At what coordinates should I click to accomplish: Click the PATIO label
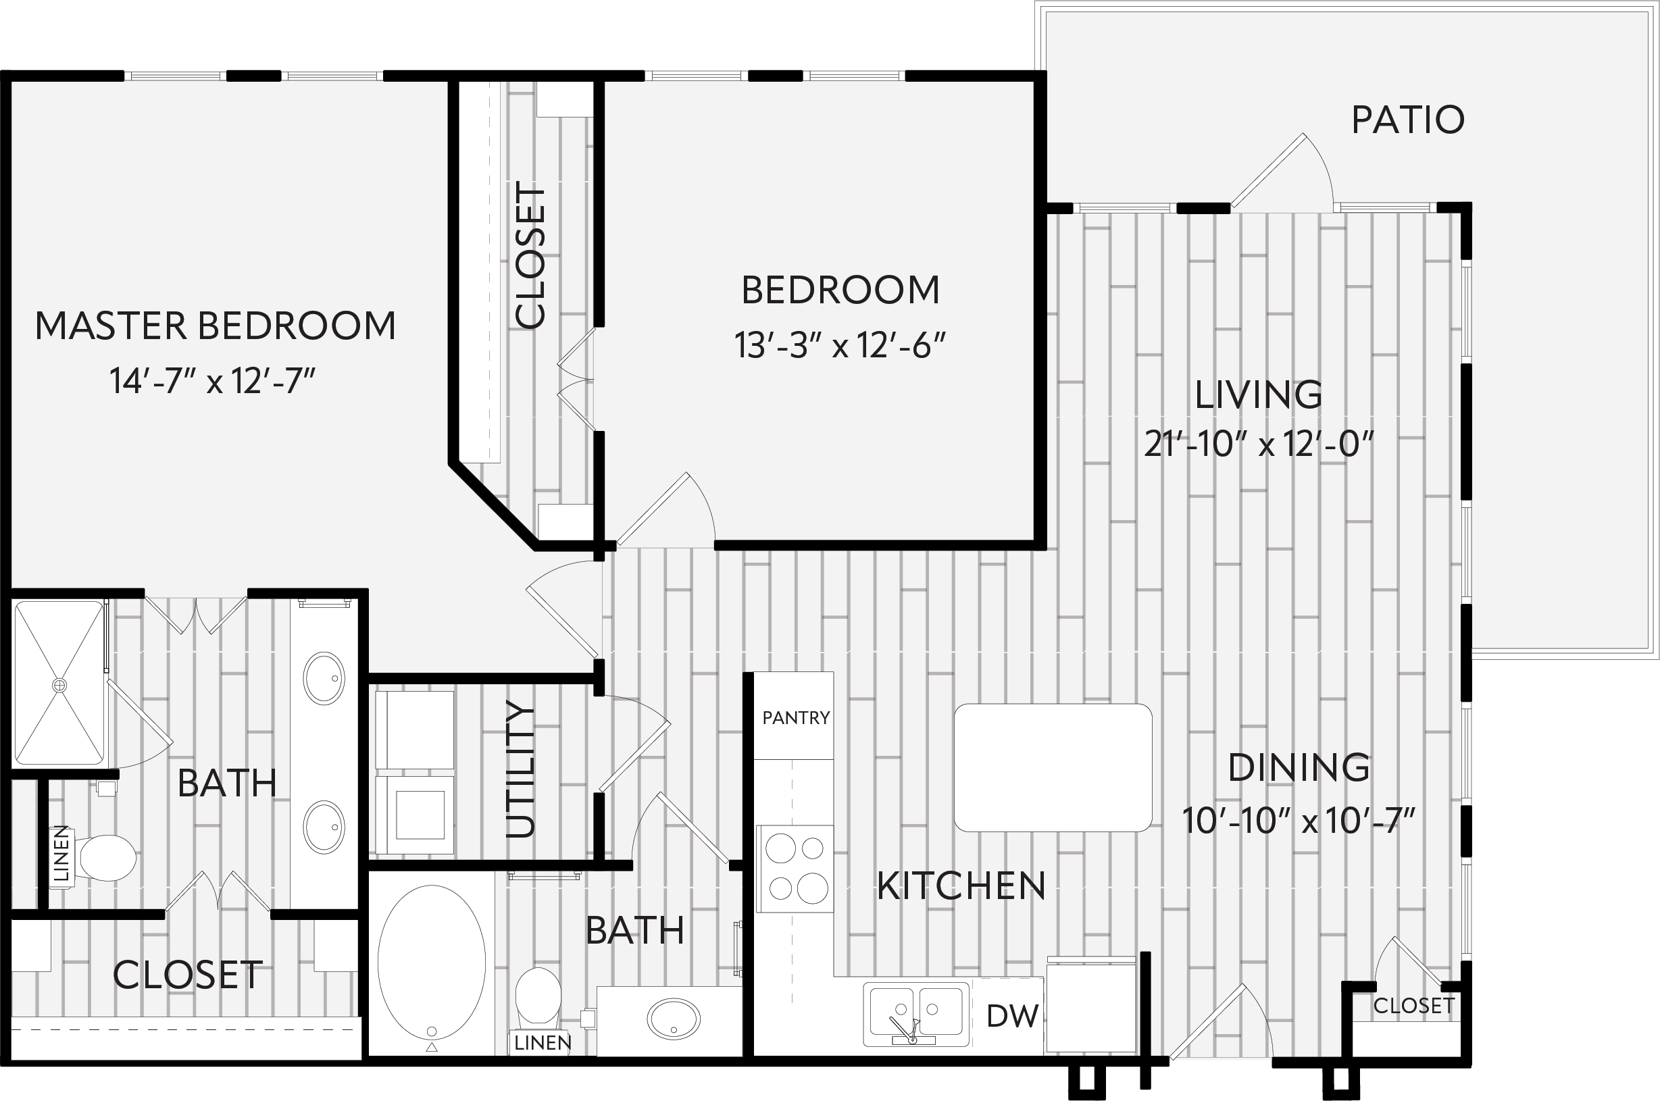1408,120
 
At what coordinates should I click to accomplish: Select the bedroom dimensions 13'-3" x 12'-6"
840,345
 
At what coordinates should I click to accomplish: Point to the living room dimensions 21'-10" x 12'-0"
1258,444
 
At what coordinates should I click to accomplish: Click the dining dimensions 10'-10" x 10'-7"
1299,820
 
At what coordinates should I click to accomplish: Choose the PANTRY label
797,717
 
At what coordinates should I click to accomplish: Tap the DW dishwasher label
1012,1015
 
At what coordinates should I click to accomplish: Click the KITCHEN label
961,886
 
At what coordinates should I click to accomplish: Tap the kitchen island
1053,768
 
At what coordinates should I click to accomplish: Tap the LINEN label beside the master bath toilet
61,853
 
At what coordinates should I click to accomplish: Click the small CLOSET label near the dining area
1413,1006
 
